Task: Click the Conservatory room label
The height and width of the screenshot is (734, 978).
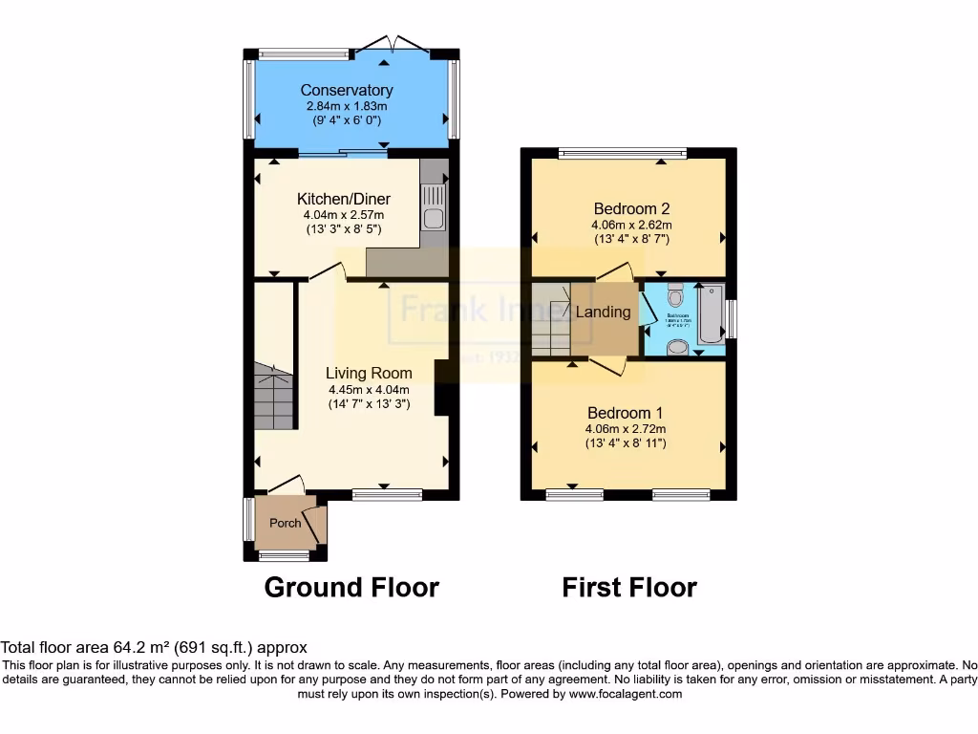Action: coord(347,91)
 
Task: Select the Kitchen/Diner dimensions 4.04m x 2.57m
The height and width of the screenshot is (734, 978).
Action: coord(344,215)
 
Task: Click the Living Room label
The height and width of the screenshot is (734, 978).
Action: coord(369,374)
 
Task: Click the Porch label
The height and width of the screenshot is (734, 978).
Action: coord(285,523)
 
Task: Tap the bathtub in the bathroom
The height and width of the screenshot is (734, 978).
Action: coord(710,315)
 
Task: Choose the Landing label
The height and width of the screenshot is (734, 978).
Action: coord(603,313)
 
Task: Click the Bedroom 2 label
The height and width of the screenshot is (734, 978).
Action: coord(630,209)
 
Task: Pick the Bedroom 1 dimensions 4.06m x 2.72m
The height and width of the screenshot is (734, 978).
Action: coord(626,429)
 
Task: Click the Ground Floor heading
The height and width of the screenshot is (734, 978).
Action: coord(351,587)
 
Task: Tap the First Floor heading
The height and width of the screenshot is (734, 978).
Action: coord(629,587)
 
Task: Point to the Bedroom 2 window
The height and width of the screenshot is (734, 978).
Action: coord(623,151)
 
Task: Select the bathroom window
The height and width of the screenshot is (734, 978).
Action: coord(731,318)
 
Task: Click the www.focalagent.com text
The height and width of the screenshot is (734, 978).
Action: coord(627,694)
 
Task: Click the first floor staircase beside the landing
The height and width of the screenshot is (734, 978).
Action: coord(550,318)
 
